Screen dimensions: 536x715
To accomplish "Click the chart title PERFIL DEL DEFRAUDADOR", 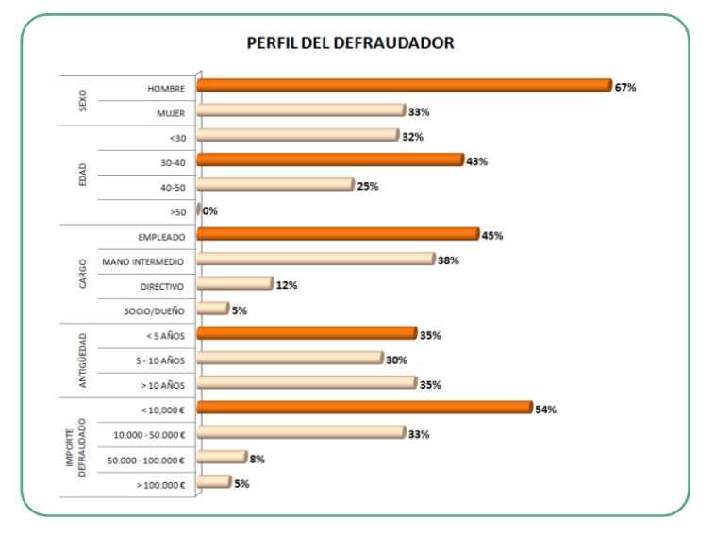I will click(350, 43).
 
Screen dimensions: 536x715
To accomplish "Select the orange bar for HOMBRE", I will click(405, 86).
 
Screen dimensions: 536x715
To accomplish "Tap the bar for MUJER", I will click(301, 111).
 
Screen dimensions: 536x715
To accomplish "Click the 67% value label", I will click(625, 87).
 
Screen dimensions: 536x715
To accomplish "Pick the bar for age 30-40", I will click(330, 160).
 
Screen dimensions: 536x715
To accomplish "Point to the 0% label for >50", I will click(209, 211).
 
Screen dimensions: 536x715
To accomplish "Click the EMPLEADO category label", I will click(161, 236).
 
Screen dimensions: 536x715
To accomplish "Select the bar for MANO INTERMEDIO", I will click(316, 260).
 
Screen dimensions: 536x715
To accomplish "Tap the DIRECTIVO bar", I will click(235, 284).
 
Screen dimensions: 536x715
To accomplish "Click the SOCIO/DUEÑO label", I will click(154, 310).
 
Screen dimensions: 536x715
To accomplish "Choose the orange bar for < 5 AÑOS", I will click(307, 334).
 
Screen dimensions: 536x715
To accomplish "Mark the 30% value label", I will click(396, 360).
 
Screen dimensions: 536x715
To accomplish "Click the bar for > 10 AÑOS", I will click(307, 383).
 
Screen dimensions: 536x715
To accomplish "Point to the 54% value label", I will click(546, 410).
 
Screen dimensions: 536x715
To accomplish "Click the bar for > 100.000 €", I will click(214, 482).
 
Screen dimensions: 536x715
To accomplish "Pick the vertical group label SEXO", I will click(83, 100).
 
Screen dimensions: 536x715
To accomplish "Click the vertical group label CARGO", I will click(83, 273).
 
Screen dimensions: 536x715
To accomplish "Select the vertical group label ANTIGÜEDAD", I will click(83, 360).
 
